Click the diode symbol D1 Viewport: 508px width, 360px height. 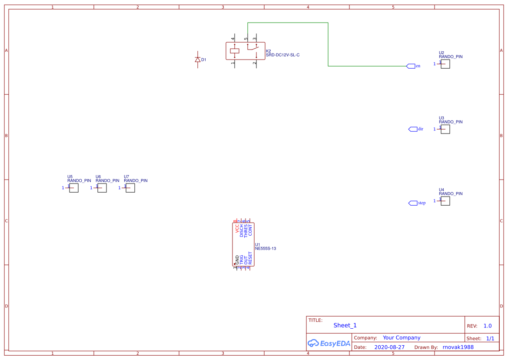coord(198,60)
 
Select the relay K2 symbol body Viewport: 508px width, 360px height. coord(245,51)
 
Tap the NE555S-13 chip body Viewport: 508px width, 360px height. coord(243,244)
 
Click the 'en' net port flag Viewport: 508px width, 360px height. coord(411,66)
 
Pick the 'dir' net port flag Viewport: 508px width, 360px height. coord(413,129)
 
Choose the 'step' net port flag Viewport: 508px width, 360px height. coord(413,203)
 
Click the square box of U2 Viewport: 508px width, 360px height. coord(445,64)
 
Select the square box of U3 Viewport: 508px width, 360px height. coord(445,129)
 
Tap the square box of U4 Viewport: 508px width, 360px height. coord(445,201)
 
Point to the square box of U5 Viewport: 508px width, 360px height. coord(74,188)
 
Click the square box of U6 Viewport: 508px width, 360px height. coord(102,188)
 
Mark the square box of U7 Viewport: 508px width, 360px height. coord(130,188)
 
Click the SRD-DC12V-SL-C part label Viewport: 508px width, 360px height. coord(282,55)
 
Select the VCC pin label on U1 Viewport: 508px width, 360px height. coord(237,229)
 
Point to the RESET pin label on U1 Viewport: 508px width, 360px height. coord(250,258)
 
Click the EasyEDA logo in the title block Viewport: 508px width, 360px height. coord(329,343)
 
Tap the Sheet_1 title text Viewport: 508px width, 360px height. coord(345,325)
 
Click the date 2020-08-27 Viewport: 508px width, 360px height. coord(389,347)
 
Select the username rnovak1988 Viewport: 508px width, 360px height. coord(458,347)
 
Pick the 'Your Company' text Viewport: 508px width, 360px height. coord(402,338)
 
